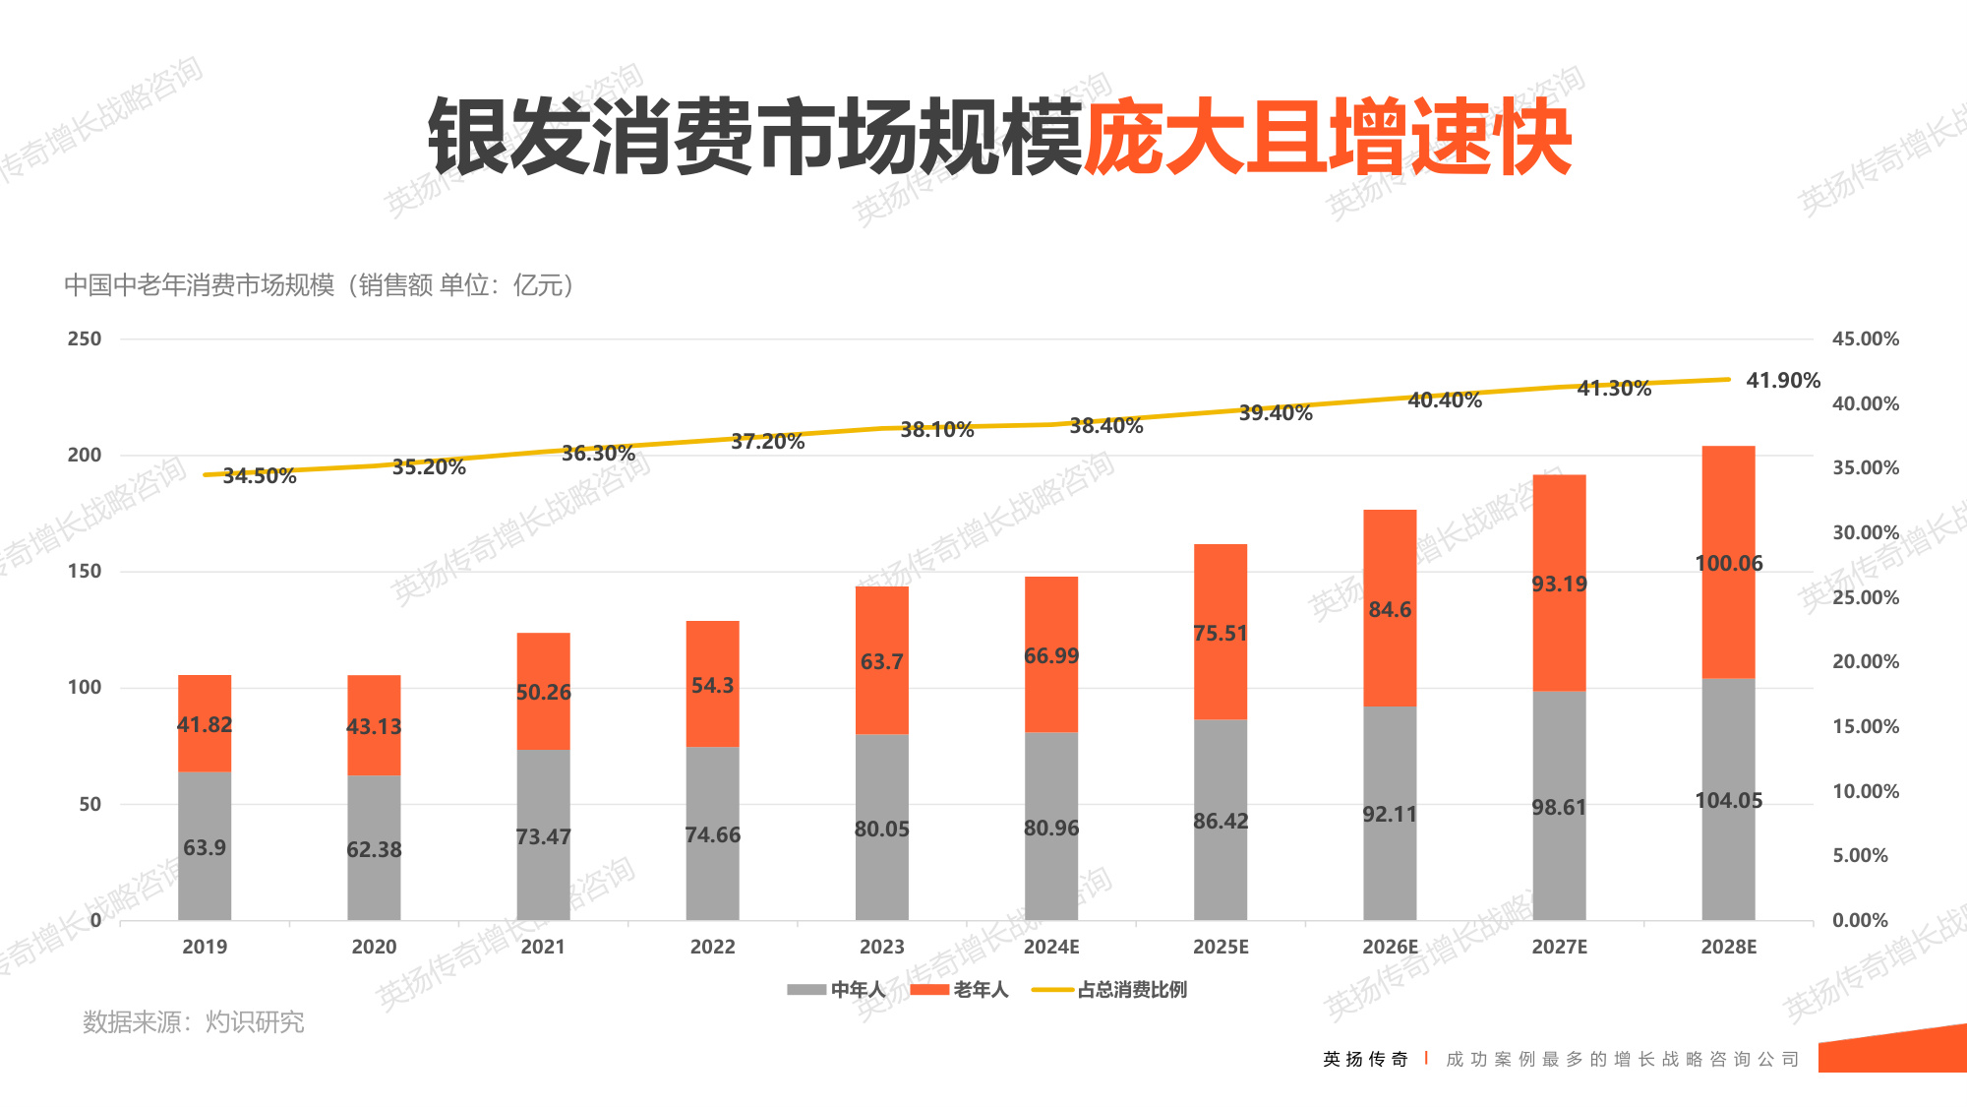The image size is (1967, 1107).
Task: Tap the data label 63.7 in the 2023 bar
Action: [881, 661]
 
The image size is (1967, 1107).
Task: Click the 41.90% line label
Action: [1782, 380]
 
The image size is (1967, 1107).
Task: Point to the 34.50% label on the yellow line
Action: [260, 476]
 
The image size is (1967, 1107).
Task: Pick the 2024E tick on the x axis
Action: [1050, 947]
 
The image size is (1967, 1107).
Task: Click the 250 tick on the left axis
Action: [85, 338]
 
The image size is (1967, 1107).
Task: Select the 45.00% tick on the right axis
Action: [1865, 338]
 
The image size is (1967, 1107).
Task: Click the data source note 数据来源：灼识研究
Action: [194, 1022]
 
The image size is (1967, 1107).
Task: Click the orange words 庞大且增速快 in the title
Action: [1328, 138]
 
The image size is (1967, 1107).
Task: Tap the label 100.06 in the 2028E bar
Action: [1728, 564]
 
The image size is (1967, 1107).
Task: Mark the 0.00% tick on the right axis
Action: [1859, 920]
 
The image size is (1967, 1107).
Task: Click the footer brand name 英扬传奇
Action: [1365, 1059]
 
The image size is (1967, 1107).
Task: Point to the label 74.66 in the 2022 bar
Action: [712, 835]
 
